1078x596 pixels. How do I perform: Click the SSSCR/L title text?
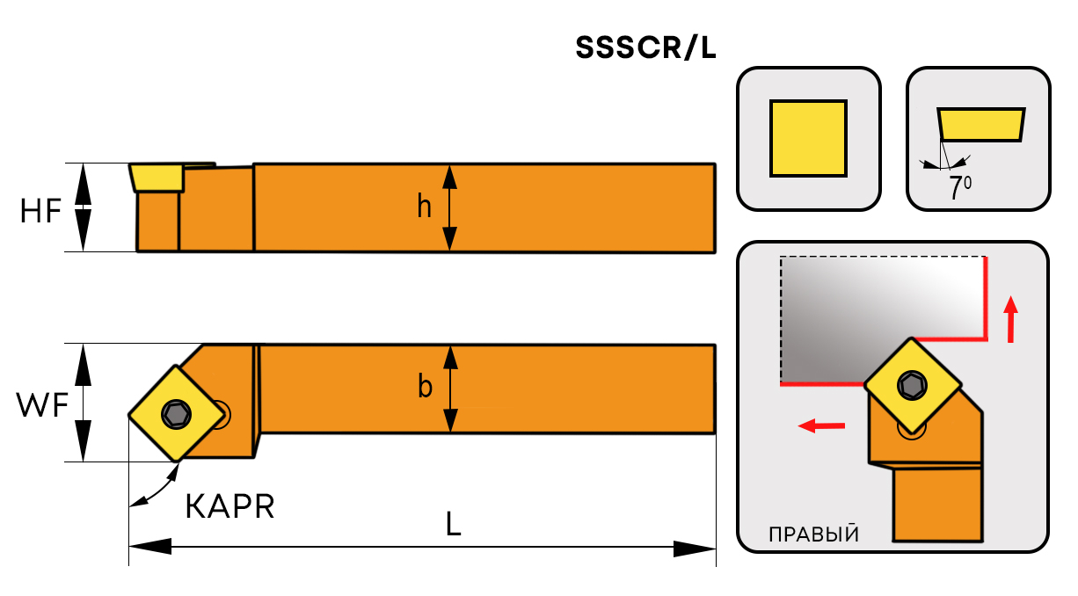pyautogui.click(x=645, y=49)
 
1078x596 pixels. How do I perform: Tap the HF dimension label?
pyautogui.click(x=41, y=211)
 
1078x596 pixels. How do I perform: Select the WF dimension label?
pyautogui.click(x=41, y=405)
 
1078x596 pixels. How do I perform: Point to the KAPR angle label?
pyautogui.click(x=230, y=506)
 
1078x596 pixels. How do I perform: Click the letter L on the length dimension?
pyautogui.click(x=453, y=525)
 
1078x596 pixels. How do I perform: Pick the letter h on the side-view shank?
pyautogui.click(x=425, y=207)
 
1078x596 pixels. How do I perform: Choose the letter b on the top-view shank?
pyautogui.click(x=425, y=387)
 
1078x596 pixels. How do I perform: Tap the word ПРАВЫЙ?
pyautogui.click(x=813, y=534)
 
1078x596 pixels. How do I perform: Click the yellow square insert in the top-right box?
pyautogui.click(x=808, y=139)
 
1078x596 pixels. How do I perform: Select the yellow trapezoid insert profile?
pyautogui.click(x=980, y=124)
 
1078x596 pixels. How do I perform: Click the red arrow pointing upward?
pyautogui.click(x=1011, y=319)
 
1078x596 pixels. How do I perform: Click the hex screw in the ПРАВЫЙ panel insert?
pyautogui.click(x=911, y=384)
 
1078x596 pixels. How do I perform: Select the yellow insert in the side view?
pyautogui.click(x=156, y=177)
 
